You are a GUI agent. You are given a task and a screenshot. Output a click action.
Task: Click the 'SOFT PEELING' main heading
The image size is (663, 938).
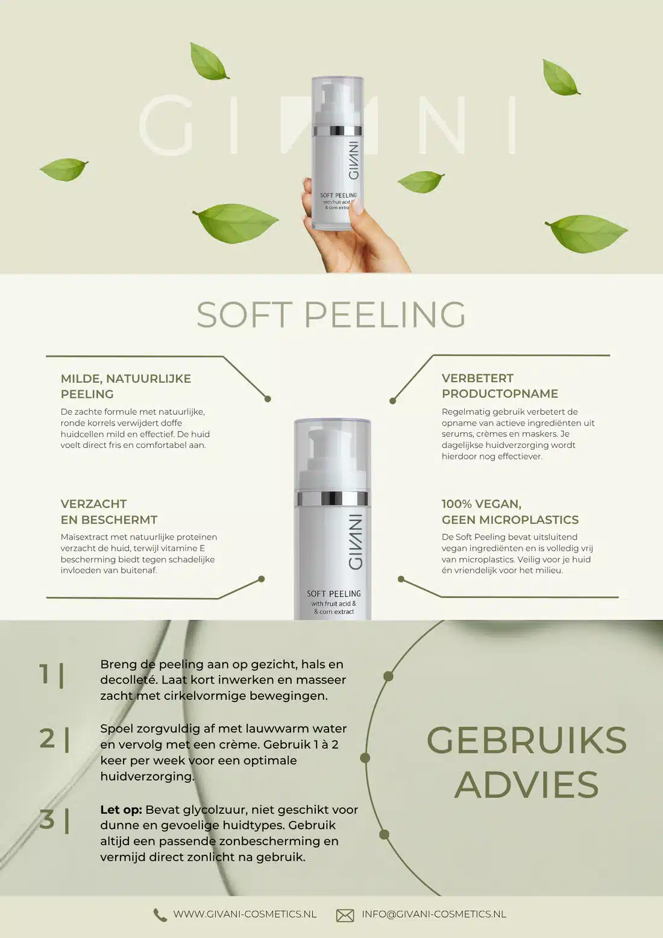pos(331,315)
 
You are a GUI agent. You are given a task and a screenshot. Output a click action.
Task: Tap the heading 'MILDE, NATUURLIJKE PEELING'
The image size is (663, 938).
pos(126,386)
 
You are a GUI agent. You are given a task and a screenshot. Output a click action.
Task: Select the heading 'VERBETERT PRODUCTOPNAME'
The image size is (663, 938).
pos(500,386)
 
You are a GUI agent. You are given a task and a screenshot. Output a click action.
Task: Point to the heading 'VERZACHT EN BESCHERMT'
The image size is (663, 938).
pos(109,512)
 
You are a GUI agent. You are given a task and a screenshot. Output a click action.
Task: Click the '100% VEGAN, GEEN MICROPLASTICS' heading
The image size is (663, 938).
pos(510,512)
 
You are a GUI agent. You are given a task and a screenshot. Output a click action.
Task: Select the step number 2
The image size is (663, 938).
pos(47,738)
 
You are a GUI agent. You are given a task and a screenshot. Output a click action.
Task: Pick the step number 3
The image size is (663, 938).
pos(47,819)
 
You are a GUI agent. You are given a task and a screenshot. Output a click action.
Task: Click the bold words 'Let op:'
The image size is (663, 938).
pos(121,810)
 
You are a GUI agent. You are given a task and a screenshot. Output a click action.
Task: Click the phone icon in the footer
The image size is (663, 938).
pos(160,915)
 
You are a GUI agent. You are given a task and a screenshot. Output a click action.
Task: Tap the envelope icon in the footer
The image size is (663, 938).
pos(345,915)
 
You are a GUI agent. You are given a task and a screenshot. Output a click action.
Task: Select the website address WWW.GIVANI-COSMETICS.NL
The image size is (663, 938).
pos(245,914)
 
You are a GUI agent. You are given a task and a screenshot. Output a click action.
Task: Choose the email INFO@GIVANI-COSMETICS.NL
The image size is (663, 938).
pos(434,914)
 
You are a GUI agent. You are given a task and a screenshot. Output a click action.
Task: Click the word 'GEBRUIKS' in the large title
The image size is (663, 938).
pos(527,740)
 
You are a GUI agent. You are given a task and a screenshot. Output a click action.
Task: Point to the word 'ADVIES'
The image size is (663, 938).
pos(527,785)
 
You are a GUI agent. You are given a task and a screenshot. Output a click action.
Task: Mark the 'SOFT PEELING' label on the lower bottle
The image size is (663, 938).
pos(333,594)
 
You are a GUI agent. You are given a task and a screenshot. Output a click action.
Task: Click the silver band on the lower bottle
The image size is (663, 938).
pos(332,499)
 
